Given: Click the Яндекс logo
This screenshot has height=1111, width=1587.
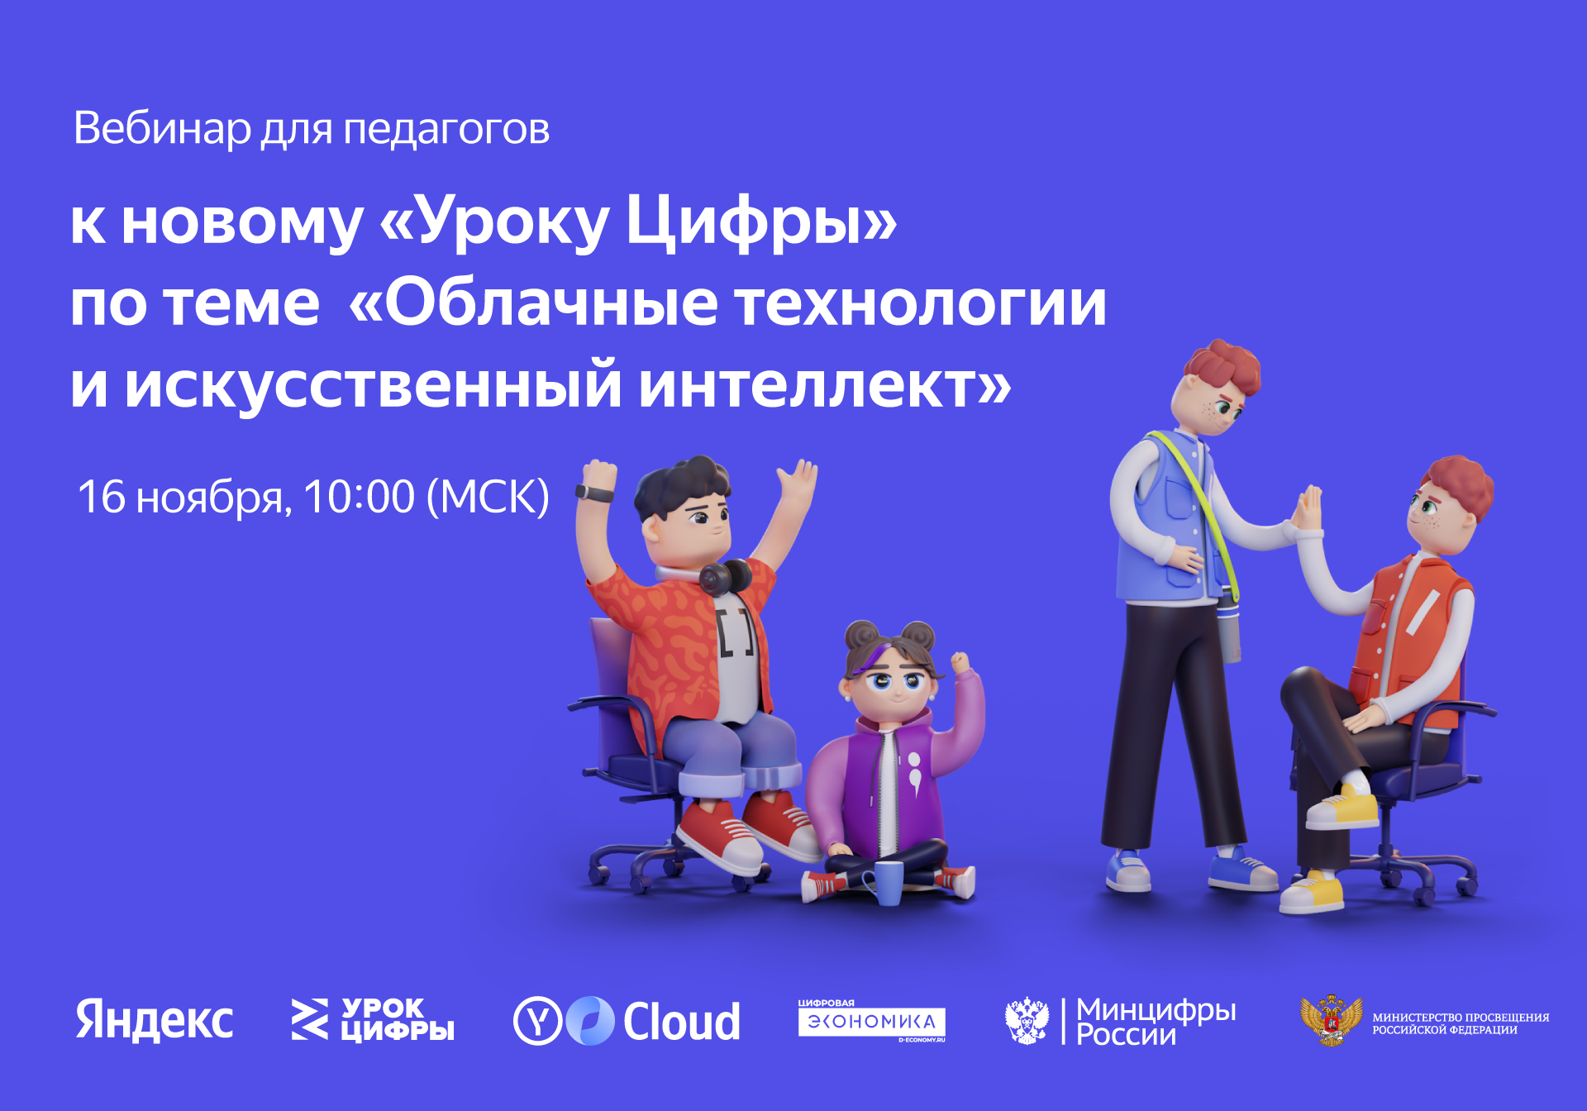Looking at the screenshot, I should (155, 1020).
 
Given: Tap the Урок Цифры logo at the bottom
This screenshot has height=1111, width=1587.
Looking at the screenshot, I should (373, 1020).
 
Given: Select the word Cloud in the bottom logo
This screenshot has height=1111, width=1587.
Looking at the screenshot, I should (681, 1022).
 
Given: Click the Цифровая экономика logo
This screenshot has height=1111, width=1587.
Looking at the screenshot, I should (871, 1022).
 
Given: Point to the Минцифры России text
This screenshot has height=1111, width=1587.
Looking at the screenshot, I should (1156, 1022).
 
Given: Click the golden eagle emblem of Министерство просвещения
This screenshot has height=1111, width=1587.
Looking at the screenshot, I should (1331, 1021).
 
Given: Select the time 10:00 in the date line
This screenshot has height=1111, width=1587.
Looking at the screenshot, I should (359, 497).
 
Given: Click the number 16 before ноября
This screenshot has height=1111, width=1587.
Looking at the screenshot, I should (101, 497).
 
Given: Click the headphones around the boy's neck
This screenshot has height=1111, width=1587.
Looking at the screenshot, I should (724, 576).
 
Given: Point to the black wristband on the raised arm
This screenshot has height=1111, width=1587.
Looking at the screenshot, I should (595, 494).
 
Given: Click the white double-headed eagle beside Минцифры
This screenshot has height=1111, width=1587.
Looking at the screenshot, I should (1027, 1021).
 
